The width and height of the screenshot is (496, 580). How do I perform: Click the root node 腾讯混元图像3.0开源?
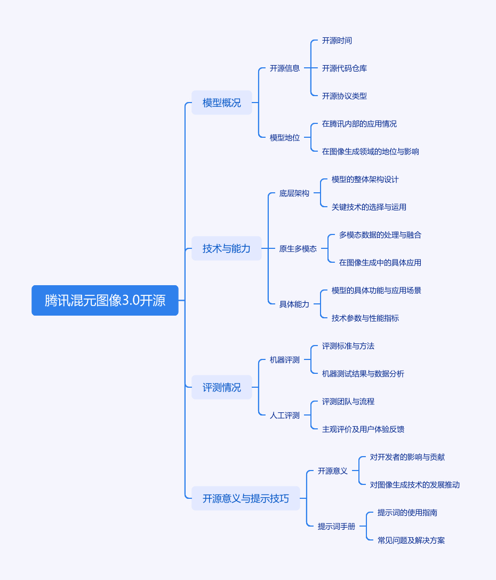tap(105, 300)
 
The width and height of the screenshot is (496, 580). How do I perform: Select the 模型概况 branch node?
tap(222, 103)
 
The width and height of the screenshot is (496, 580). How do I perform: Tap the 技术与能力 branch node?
tap(227, 248)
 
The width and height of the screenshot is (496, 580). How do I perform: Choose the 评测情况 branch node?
tap(222, 387)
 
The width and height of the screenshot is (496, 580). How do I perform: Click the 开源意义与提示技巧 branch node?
tap(246, 498)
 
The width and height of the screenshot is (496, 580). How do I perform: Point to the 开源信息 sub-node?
tap(285, 68)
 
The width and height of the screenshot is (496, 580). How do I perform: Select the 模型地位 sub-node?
tap(285, 137)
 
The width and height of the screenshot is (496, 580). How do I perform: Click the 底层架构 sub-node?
tap(294, 193)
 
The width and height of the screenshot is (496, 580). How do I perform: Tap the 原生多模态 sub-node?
tap(298, 248)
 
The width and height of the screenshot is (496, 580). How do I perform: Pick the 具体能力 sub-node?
tap(294, 304)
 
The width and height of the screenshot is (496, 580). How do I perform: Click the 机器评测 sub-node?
tap(285, 359)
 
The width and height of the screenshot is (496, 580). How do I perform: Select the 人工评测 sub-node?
tap(285, 415)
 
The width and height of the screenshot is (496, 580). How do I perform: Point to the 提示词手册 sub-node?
tap(337, 526)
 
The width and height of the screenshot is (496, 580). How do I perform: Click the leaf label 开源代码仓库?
tap(345, 68)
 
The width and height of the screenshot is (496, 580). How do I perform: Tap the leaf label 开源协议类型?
tap(345, 96)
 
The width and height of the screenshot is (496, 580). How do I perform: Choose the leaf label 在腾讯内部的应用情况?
tap(359, 123)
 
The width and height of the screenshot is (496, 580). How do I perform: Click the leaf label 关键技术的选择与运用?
tap(369, 207)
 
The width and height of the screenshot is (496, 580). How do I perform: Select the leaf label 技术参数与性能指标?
tap(365, 318)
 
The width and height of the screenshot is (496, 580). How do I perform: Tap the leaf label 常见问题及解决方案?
tap(411, 540)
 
